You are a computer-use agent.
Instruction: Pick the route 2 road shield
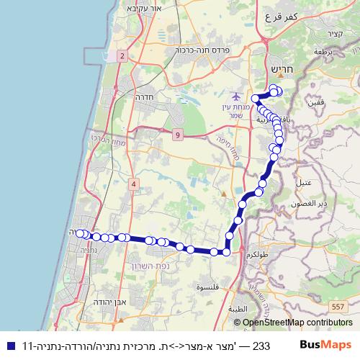pyautogui.click(x=123, y=55)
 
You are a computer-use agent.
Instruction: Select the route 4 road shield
pyautogui.click(x=134, y=184)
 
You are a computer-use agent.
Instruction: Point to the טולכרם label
pyautogui.click(x=257, y=256)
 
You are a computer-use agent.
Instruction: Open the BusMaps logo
pyautogui.click(x=329, y=344)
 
